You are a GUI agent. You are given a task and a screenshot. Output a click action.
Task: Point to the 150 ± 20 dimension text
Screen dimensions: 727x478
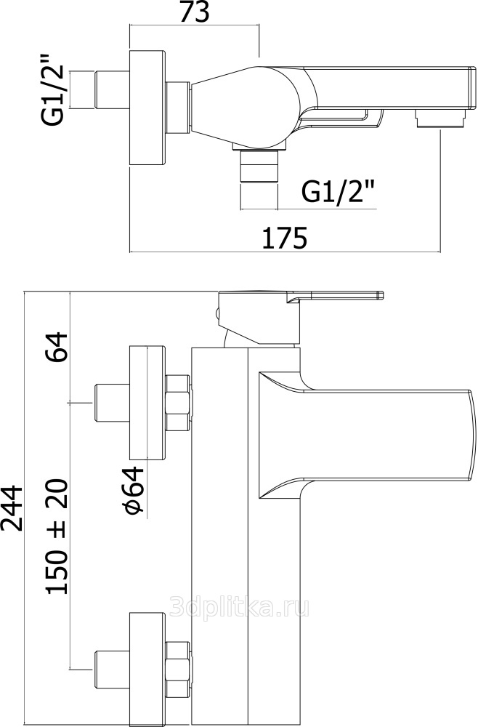click(x=58, y=537)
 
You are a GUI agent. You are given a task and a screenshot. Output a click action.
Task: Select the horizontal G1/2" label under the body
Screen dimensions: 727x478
click(x=339, y=192)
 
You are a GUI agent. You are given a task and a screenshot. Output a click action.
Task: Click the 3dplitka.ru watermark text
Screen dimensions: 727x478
click(x=239, y=605)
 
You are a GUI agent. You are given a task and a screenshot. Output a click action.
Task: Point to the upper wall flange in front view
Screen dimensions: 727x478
click(x=147, y=403)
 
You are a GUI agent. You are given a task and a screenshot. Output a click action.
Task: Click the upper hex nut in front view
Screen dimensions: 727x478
click(x=179, y=403)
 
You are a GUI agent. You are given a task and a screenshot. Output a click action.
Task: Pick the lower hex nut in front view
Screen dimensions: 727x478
click(x=179, y=668)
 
